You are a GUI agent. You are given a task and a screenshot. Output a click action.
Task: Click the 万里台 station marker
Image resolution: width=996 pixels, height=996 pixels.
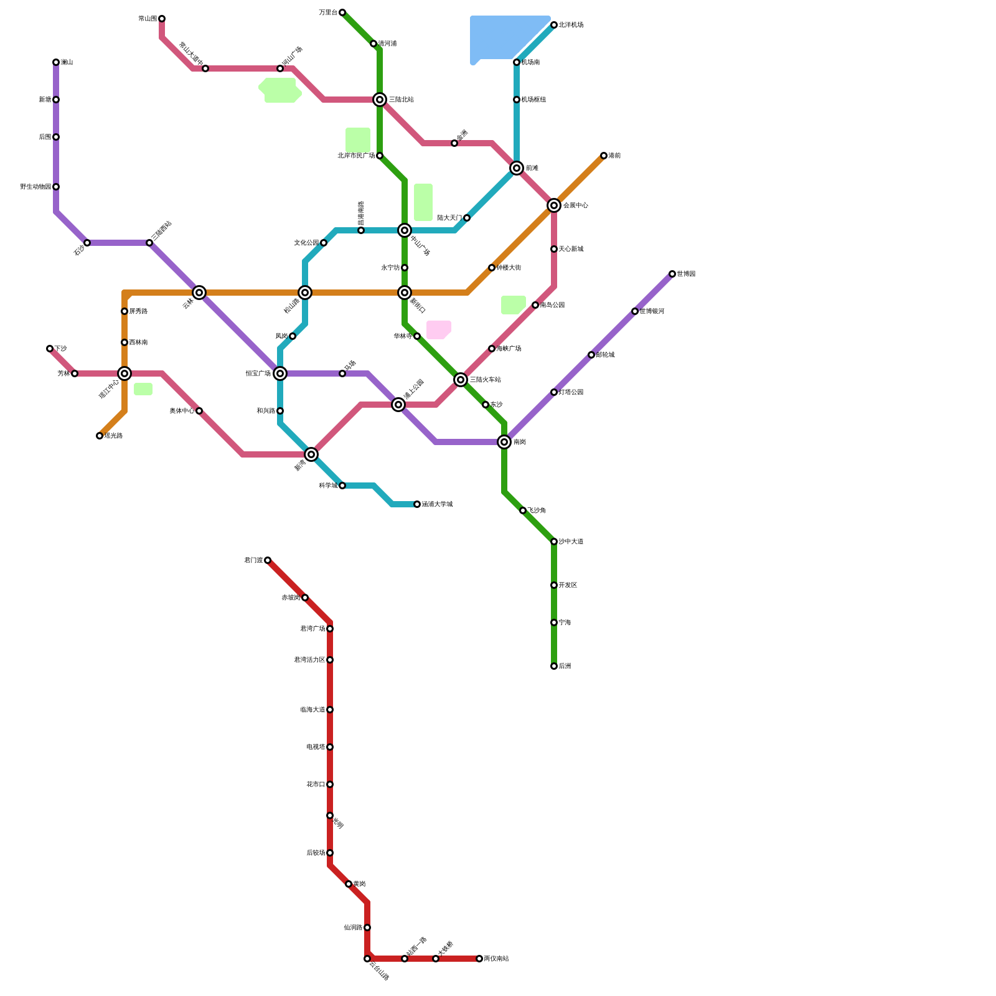coord(342,12)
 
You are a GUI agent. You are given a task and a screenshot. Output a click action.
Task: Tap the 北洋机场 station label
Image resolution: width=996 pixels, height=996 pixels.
coord(571,25)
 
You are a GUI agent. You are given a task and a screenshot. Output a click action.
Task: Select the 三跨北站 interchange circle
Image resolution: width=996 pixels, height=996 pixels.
coord(380,100)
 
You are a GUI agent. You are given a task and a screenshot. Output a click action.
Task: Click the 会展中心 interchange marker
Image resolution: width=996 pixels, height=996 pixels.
coord(554,205)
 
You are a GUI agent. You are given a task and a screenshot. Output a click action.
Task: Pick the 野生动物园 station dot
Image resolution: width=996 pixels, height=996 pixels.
coord(56,187)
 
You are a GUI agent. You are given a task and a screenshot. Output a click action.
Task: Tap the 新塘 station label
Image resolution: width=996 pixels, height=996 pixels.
coord(44,100)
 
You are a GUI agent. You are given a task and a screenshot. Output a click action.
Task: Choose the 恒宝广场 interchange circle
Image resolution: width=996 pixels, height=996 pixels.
coord(280,374)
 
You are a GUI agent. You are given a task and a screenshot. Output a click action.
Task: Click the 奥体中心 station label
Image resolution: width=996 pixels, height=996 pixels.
coord(182,411)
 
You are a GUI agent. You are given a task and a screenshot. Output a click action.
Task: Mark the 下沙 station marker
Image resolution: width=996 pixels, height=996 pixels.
coord(50,349)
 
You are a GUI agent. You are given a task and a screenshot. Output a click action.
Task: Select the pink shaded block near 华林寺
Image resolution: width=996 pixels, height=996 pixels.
coord(438,330)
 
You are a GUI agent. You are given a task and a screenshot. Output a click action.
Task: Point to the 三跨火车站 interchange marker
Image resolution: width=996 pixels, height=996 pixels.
coord(461,380)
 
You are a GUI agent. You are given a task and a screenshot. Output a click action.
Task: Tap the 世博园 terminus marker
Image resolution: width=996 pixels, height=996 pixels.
coord(672,274)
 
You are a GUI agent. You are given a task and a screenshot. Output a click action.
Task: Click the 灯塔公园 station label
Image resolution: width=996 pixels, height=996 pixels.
coord(571,392)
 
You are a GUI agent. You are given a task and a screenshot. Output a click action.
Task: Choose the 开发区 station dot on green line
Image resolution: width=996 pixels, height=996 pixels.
coord(554,585)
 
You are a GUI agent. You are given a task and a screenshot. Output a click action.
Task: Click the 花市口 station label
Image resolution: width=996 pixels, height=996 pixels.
coord(316,784)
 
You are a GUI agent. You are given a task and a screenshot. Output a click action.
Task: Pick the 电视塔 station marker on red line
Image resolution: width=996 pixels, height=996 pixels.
coord(330,747)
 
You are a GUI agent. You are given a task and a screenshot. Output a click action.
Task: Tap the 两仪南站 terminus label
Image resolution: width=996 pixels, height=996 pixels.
coord(496,959)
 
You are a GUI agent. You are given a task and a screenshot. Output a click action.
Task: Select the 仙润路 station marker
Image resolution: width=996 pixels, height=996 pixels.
coord(367,928)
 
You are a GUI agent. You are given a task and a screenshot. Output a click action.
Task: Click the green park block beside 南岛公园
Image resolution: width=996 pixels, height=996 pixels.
coord(513,304)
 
